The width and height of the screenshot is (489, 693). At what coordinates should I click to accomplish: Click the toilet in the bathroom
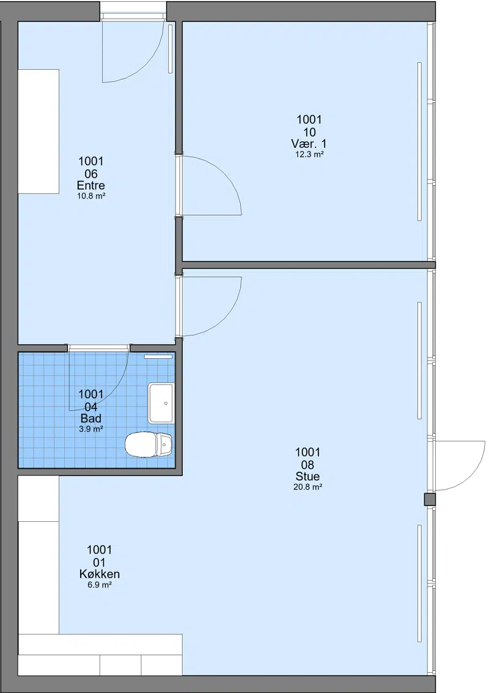(x=149, y=444)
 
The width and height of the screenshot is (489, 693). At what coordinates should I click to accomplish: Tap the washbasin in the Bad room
(x=161, y=403)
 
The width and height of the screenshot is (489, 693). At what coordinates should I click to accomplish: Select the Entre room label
(x=90, y=186)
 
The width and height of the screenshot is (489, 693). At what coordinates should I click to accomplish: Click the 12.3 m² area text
(x=309, y=155)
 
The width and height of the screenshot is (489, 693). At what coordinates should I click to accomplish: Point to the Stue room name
(x=307, y=477)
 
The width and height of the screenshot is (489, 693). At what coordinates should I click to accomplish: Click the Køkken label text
(x=100, y=574)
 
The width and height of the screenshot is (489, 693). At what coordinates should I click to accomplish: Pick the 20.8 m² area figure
(x=307, y=488)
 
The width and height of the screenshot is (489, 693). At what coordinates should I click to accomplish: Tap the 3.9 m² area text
(x=91, y=429)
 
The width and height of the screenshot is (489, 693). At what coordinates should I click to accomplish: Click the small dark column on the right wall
(x=430, y=499)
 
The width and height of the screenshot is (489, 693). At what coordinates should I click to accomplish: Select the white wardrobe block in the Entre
(x=39, y=131)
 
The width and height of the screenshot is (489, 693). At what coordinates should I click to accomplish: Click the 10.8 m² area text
(x=91, y=196)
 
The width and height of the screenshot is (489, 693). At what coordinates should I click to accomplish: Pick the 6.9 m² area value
(x=100, y=585)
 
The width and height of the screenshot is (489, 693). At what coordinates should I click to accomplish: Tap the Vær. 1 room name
(x=309, y=144)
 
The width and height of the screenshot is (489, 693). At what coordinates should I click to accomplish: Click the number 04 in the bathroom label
(x=91, y=406)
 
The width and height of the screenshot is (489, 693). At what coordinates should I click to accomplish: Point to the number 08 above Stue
(x=307, y=464)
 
